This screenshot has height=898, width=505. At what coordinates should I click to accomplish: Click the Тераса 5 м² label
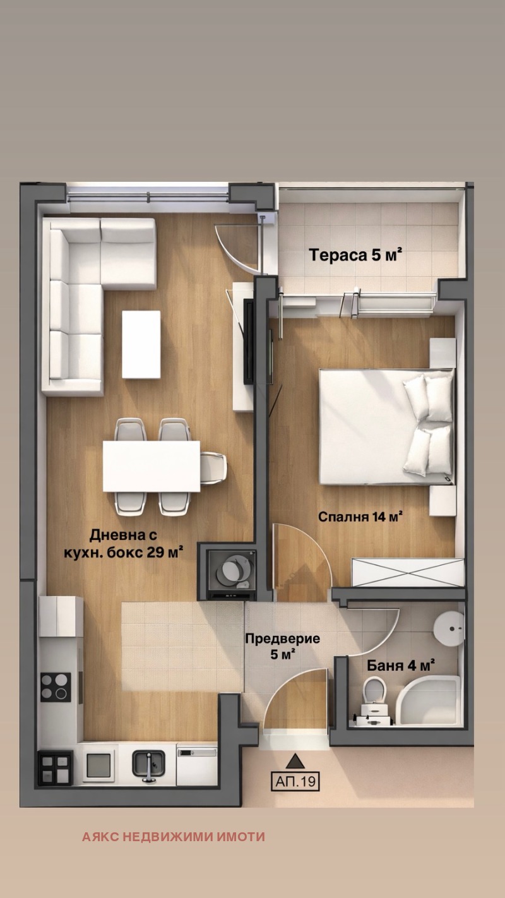coord(355,255)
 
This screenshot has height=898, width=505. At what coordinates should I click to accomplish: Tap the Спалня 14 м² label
coord(360,517)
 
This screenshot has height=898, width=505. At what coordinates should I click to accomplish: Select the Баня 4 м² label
coord(401,666)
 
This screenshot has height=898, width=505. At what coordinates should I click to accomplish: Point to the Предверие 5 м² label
coord(283,646)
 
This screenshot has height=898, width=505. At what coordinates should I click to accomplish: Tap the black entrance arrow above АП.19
coord(295,760)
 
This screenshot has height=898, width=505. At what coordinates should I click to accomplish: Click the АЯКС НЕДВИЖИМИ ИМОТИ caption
coord(174,837)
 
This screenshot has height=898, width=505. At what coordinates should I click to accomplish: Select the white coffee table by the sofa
coord(141,344)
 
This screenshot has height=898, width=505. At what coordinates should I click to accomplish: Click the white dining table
coord(151,466)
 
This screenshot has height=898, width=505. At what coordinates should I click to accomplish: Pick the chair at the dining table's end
coord(213,468)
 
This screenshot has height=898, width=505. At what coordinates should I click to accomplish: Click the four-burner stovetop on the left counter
coord(56,686)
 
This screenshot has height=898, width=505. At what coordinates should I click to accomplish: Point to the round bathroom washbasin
coord(448,628)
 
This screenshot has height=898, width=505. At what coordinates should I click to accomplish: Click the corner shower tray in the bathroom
coord(428,700)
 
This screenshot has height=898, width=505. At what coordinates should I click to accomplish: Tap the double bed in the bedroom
coord(387,427)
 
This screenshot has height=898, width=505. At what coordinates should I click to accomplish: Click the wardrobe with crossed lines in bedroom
coord(408,573)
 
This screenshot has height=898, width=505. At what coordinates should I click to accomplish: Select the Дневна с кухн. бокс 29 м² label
coord(124,543)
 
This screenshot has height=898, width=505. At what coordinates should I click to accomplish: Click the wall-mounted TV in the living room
coord(249,341)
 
